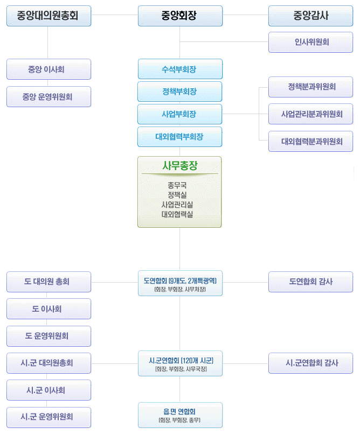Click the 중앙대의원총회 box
49,16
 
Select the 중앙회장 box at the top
180,16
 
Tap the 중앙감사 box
311,16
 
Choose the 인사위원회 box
311,42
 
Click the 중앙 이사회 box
49,69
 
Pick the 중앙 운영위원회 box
49,97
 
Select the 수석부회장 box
180,69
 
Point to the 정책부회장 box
180,92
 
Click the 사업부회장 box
180,114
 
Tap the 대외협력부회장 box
180,137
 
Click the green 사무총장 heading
180,165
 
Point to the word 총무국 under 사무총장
180,185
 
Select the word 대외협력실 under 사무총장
180,214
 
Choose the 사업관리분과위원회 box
311,114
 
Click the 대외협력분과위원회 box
311,142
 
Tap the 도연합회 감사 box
311,282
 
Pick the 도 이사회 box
49,309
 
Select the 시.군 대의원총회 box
49,363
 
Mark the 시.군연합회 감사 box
311,363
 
